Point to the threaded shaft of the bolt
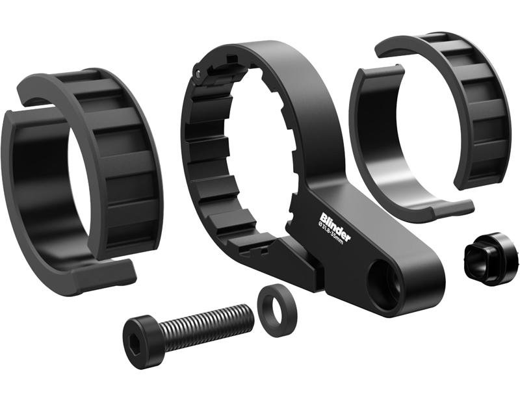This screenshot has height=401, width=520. pos(201,323)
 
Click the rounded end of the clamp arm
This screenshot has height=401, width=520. pos(422,286)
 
